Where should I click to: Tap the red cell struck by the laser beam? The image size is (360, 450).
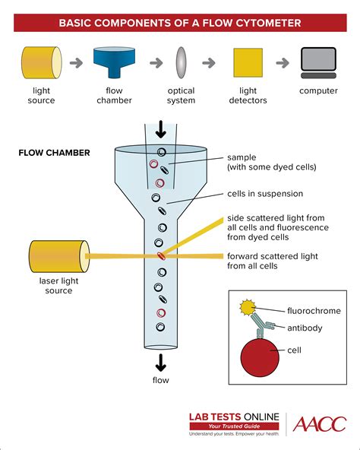(x=160, y=256)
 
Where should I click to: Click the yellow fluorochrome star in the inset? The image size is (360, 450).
(x=246, y=308)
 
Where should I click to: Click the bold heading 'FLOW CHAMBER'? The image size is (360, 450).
(x=54, y=153)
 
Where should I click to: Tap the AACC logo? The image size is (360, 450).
(x=320, y=424)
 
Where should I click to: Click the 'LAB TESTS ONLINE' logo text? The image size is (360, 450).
(x=234, y=417)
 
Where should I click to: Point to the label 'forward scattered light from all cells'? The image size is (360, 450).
(x=273, y=261)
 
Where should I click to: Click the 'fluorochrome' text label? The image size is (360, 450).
(x=314, y=311)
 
